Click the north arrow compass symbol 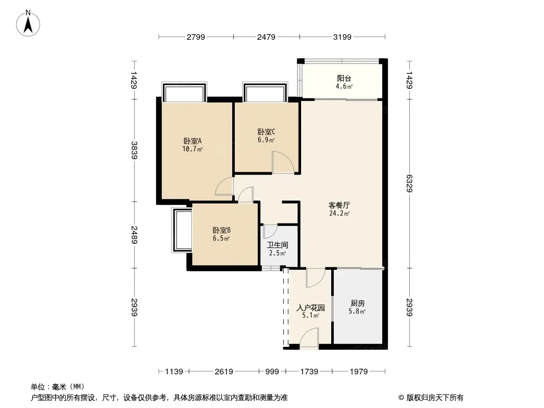tap(28, 23)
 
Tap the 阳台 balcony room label tap(344, 79)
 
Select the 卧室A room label tap(192, 141)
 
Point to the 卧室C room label tap(266, 132)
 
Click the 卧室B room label tap(221, 230)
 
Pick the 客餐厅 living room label tap(339, 205)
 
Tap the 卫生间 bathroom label tap(278, 245)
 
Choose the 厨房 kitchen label tap(357, 303)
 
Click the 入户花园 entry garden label tap(311, 308)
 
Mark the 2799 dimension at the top tap(196, 37)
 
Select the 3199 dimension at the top tap(342, 37)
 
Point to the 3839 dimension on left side tap(134, 150)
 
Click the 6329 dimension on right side tap(409, 184)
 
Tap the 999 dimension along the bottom tap(273, 372)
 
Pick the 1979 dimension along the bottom tap(359, 372)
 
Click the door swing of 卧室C tap(283, 162)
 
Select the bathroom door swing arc tap(270, 232)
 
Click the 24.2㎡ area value tap(339, 214)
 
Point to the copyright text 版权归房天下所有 tap(435, 398)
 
